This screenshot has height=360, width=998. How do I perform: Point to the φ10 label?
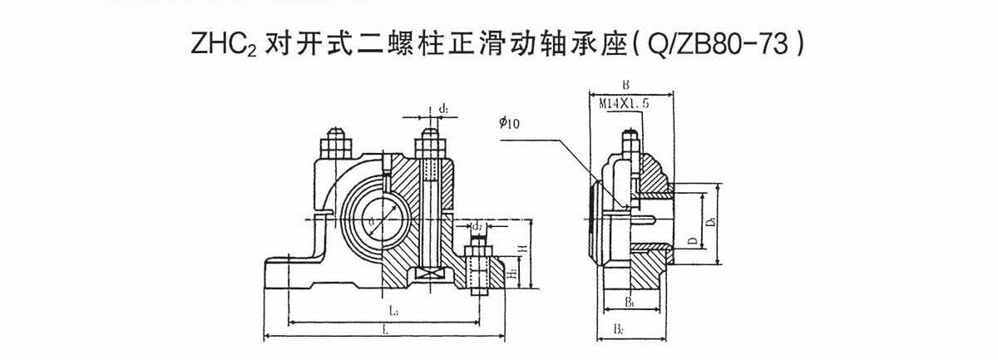[x=509, y=123]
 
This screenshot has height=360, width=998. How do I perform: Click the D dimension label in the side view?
[x=692, y=240]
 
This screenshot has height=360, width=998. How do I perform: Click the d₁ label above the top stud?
[x=444, y=108]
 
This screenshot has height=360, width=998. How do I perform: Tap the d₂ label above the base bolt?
[x=477, y=226]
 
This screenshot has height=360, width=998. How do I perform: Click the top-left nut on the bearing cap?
[x=336, y=147]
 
